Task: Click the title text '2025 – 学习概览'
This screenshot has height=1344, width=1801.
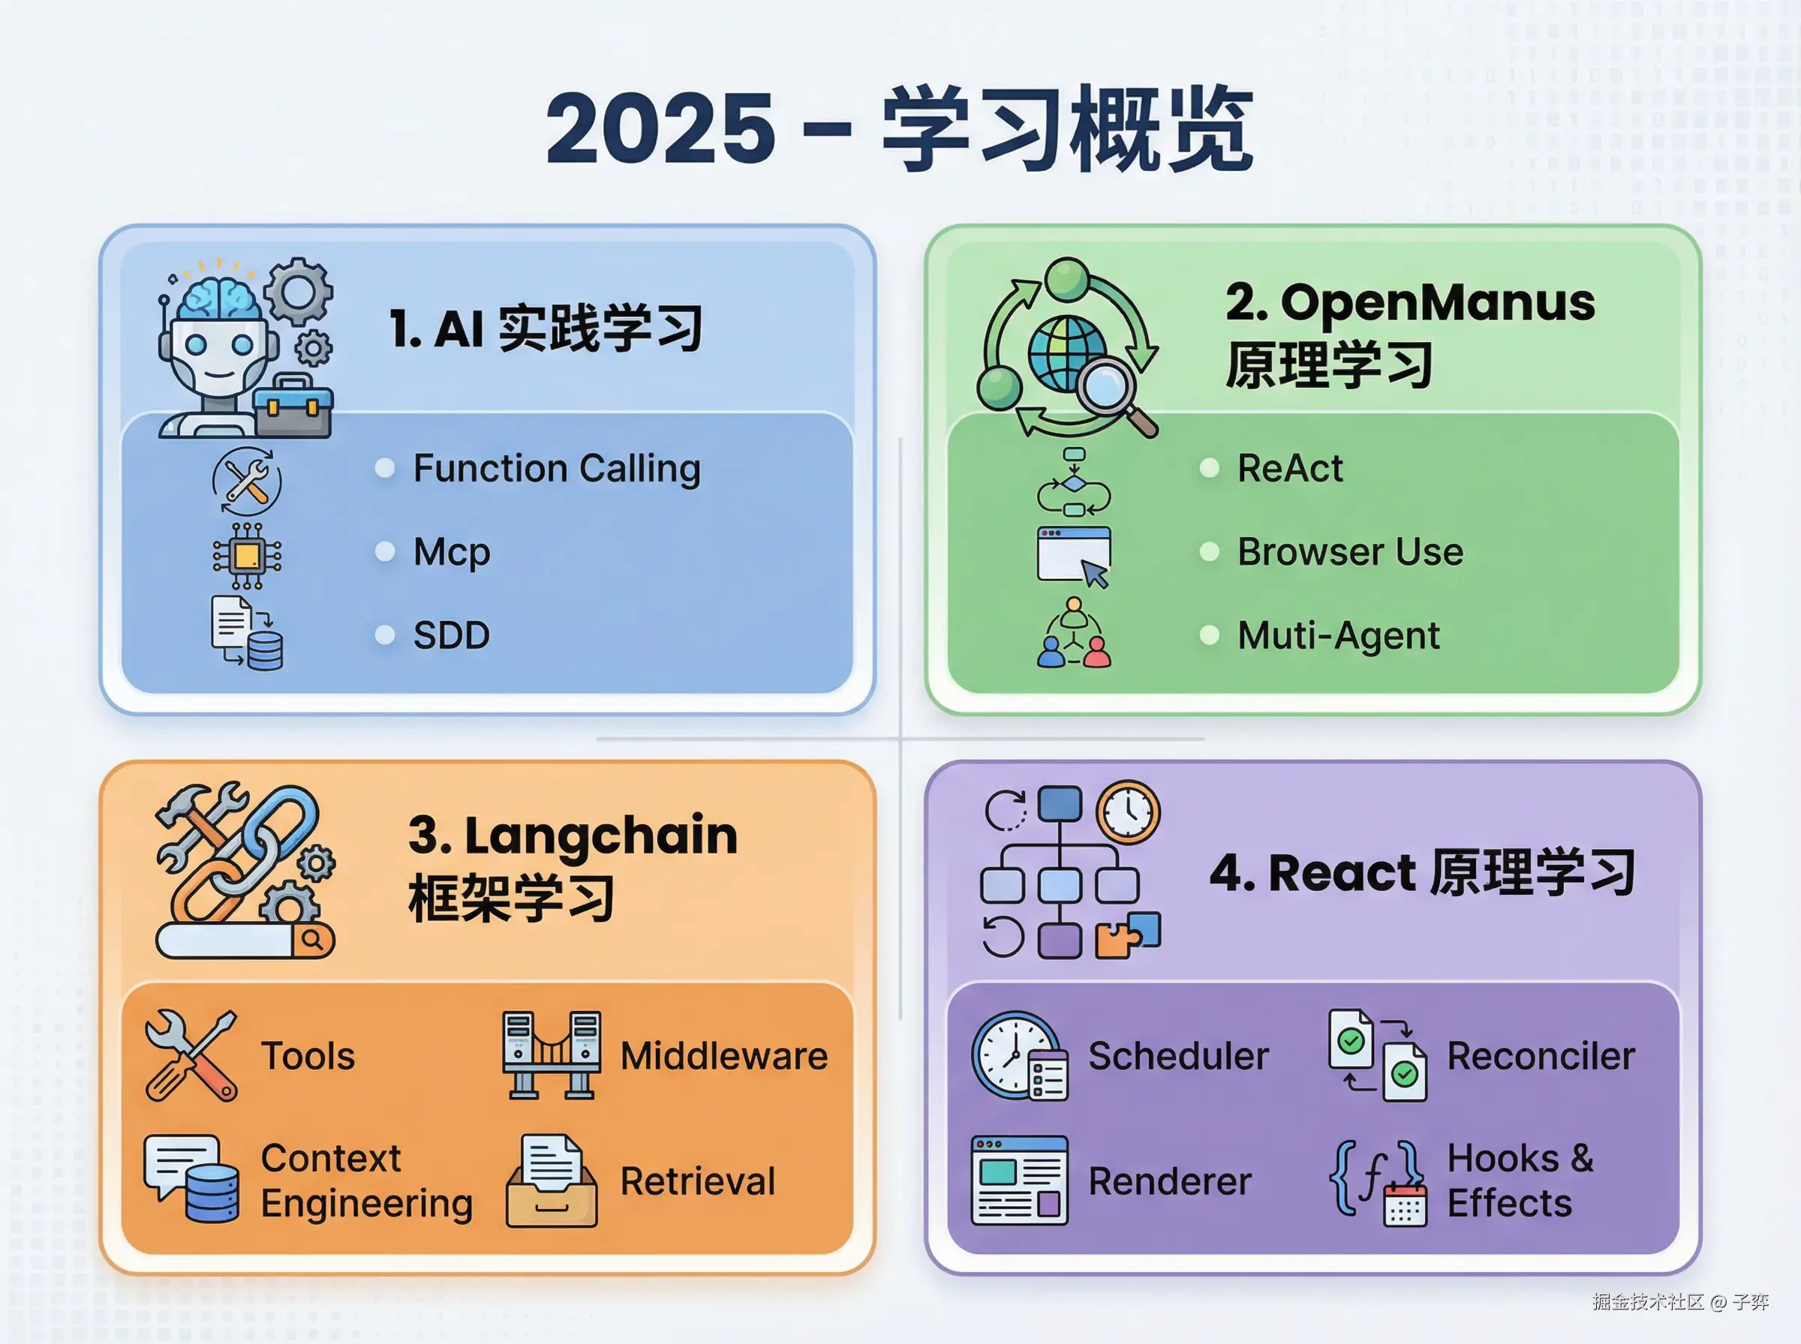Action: [x=899, y=130]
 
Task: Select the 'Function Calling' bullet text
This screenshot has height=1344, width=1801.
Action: [x=557, y=469]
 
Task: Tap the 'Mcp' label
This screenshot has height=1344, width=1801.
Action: [x=452, y=553]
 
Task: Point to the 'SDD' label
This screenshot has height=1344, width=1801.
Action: [x=452, y=635]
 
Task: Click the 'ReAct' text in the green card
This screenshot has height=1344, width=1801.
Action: [x=1290, y=468]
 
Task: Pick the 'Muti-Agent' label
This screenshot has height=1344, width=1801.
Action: [x=1339, y=636]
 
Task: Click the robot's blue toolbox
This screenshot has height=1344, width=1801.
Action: [x=292, y=406]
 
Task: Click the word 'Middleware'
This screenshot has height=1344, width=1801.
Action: [x=724, y=1056]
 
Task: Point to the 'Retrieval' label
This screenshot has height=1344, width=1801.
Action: [x=697, y=1181]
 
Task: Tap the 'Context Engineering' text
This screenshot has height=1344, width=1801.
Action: [x=366, y=1181]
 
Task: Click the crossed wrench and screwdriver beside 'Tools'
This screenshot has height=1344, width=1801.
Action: [x=192, y=1056]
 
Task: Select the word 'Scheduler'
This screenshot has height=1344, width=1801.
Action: [x=1178, y=1056]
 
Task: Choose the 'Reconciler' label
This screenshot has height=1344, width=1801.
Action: [x=1541, y=1056]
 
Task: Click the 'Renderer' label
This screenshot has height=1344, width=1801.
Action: [x=1169, y=1181]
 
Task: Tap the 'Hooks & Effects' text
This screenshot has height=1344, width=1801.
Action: [x=1520, y=1180]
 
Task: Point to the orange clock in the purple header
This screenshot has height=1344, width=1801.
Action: [x=1128, y=812]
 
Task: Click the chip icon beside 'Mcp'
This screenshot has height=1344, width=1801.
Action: [x=248, y=556]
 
